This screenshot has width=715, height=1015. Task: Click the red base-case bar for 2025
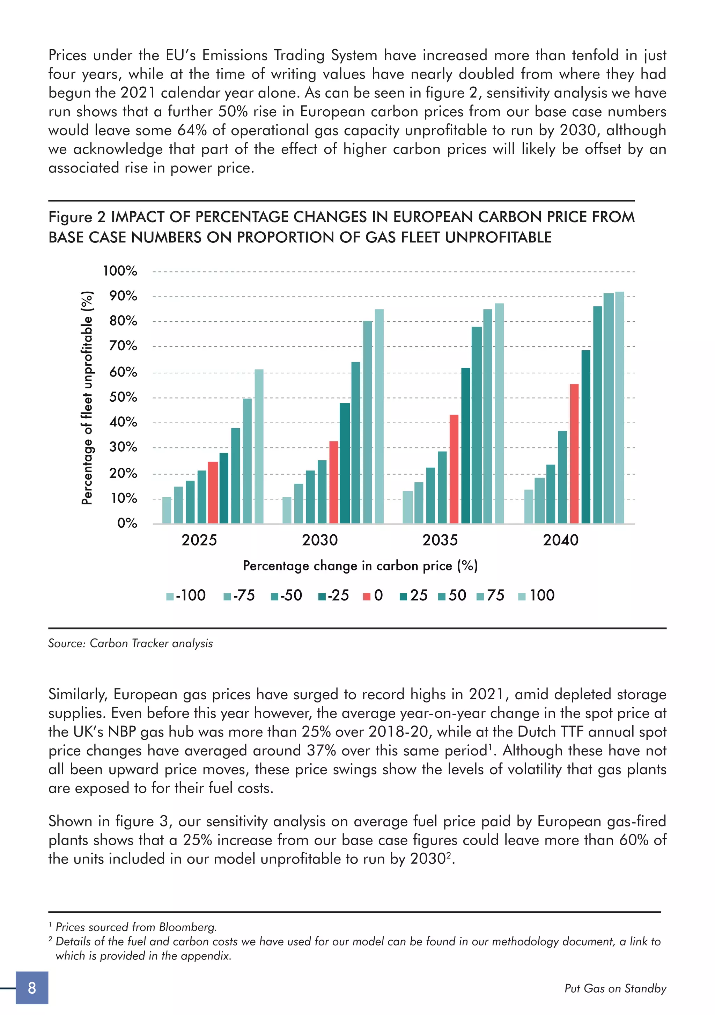pos(213,492)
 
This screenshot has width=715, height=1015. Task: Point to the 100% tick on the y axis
pos(120,271)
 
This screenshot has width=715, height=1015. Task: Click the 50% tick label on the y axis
pos(123,397)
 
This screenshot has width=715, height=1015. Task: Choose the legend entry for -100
pos(186,596)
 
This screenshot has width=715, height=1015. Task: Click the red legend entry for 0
pos(373,596)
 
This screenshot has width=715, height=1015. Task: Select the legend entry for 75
pos(491,596)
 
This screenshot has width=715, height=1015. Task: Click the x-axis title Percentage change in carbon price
pos(360,566)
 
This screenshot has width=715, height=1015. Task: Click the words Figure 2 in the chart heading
pos(76,217)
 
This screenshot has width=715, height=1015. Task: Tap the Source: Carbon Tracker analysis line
pos(130,643)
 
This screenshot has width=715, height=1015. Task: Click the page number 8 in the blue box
pos(32,988)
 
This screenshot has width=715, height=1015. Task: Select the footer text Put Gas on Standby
pos(615,988)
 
